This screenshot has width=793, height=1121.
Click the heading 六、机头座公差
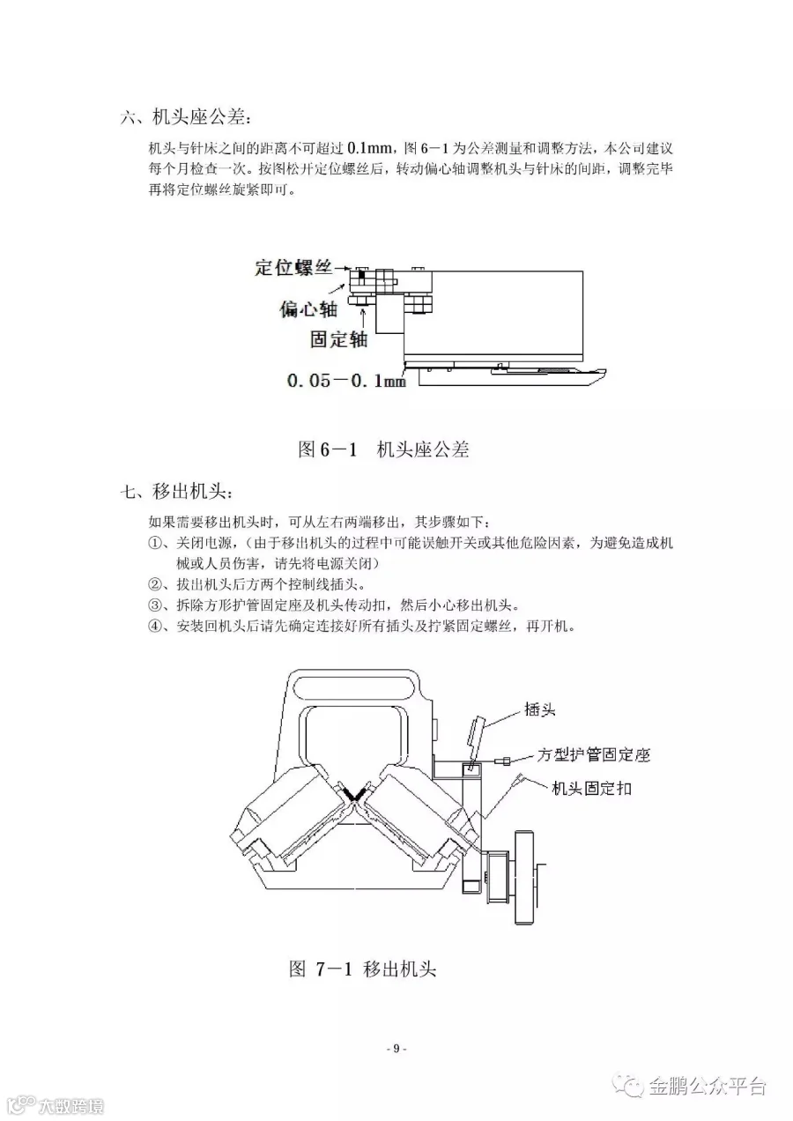point(186,116)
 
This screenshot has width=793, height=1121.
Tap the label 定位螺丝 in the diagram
point(293,267)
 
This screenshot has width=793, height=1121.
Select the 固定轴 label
point(338,338)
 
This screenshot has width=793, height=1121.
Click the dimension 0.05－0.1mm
point(346,382)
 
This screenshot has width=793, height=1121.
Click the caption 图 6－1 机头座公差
point(384,449)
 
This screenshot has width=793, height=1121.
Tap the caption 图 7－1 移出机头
point(363,969)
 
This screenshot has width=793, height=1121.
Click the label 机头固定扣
point(591,788)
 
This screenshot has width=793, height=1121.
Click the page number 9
point(396,1048)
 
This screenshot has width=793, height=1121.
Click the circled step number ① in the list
point(155,543)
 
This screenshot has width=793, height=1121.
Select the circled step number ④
point(155,627)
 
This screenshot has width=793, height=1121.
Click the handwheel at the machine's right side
point(525,876)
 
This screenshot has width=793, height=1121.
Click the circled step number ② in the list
point(155,585)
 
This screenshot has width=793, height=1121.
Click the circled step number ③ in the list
point(155,606)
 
